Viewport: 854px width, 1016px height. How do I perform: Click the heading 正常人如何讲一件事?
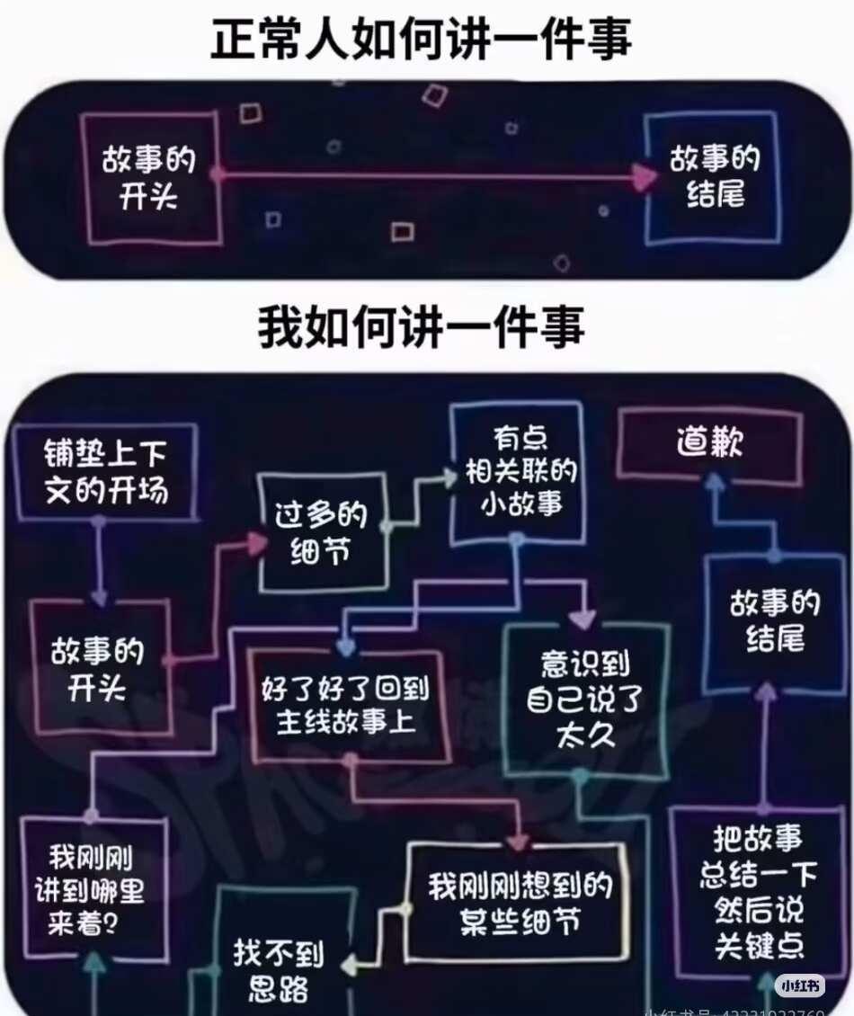[x=421, y=40]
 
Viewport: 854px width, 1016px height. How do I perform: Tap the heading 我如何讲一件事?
[x=421, y=327]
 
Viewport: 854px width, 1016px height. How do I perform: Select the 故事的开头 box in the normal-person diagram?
[x=150, y=178]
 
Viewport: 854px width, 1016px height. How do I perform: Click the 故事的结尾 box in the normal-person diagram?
[x=713, y=177]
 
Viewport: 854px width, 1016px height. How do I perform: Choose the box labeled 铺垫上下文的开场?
[x=106, y=471]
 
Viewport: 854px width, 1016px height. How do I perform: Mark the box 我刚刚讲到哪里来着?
[x=93, y=888]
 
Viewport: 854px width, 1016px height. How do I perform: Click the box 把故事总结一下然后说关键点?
[x=758, y=893]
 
